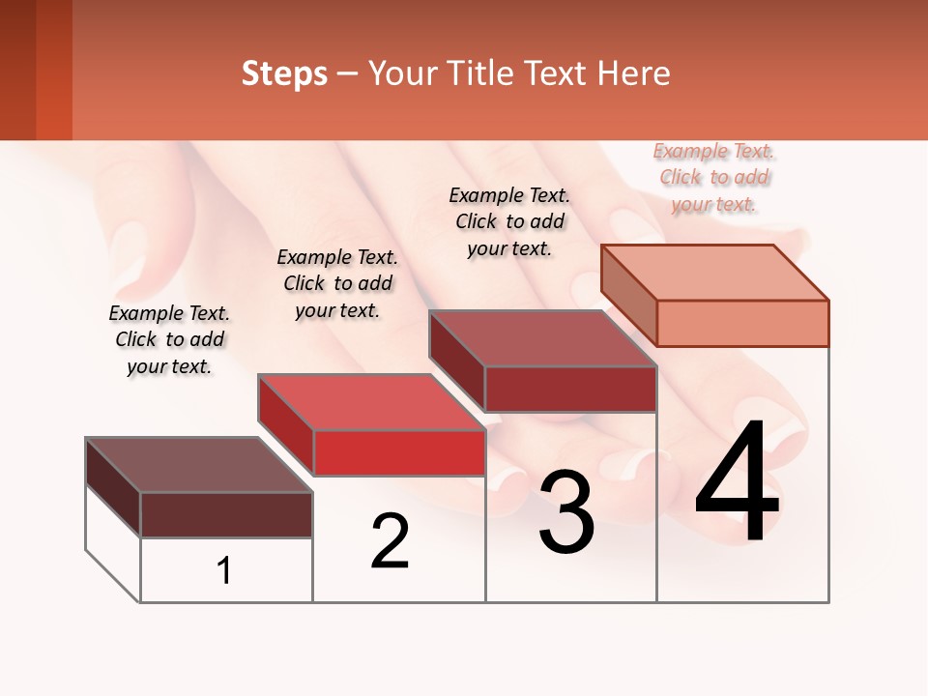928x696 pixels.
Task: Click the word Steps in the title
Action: coord(284,73)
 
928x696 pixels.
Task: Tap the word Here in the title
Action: coord(633,73)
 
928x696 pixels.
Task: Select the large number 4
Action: coord(738,485)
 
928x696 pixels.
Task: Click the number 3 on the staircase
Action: coord(566,513)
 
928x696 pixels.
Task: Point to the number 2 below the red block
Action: coord(391,541)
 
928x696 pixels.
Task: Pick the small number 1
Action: coord(224,571)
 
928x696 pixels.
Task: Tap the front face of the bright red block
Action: coord(399,452)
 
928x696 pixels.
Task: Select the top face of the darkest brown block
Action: coord(199,465)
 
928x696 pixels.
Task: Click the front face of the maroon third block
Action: coord(570,389)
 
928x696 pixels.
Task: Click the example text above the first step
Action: coord(169,339)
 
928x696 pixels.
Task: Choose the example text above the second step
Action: coord(337,283)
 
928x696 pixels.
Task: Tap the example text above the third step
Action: coord(509,221)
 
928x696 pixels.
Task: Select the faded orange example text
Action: coord(714,178)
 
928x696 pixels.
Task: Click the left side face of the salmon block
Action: coord(628,294)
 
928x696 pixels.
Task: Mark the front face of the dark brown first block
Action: coord(226,514)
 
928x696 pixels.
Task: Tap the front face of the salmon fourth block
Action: coord(742,323)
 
